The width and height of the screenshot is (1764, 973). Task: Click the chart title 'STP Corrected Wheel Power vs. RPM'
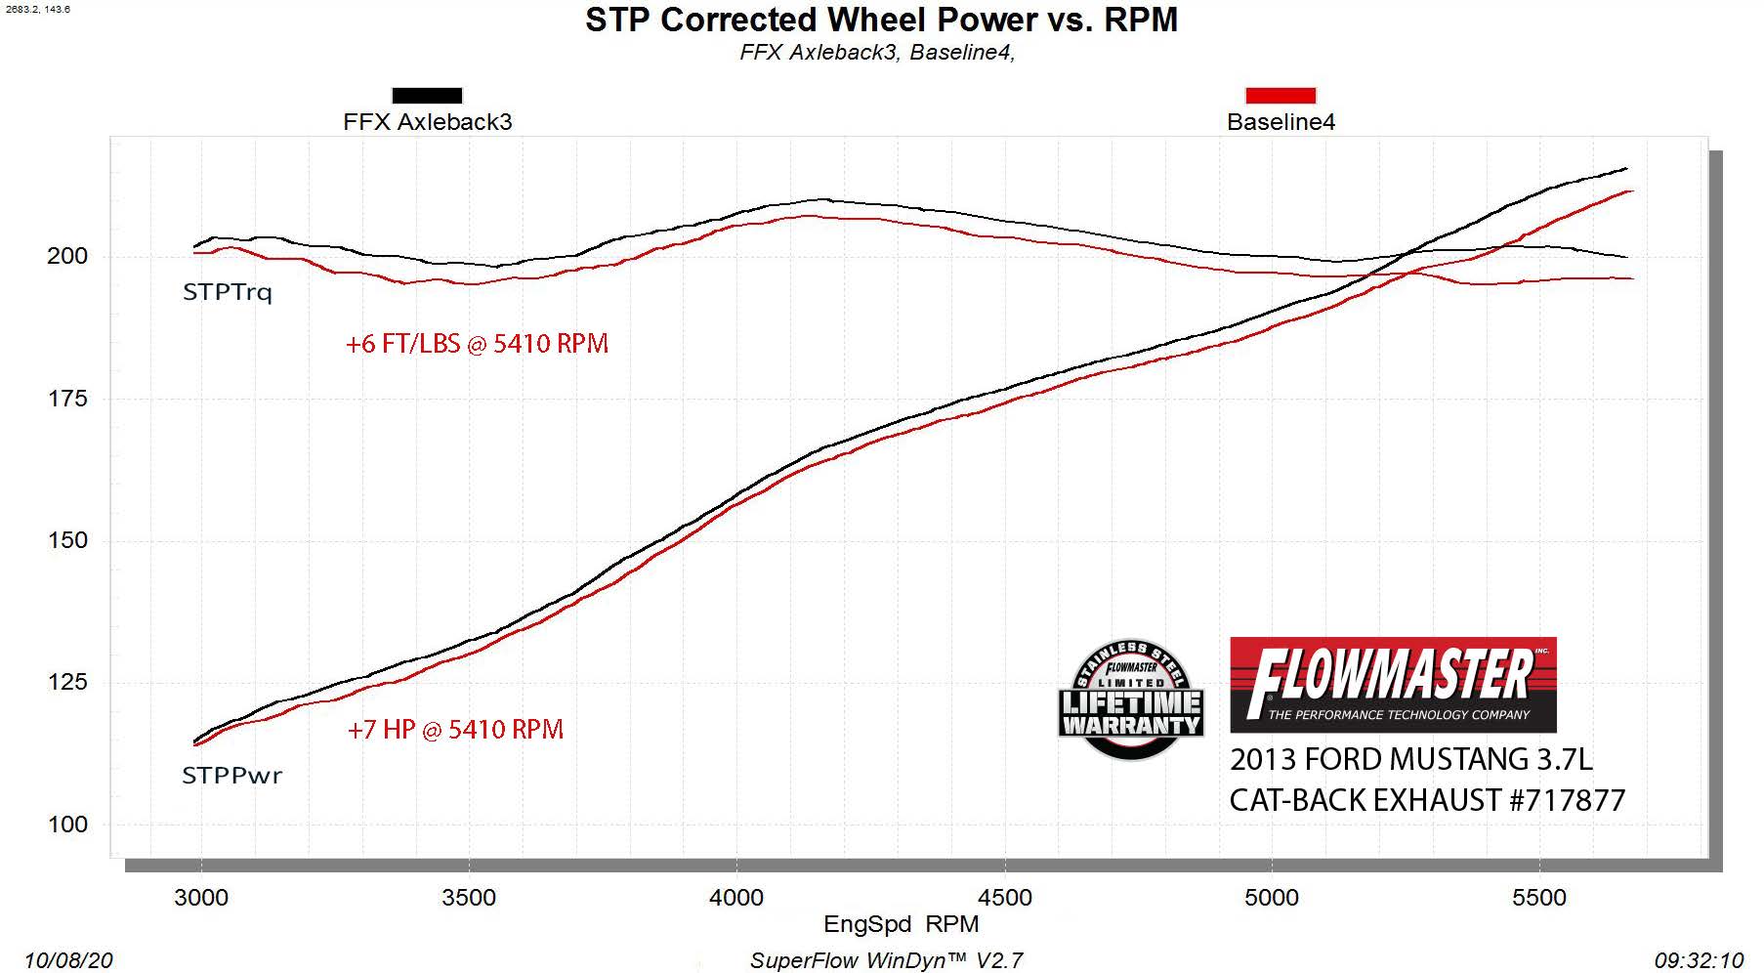coord(881,21)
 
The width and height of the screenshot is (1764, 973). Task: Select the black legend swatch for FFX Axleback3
coord(427,96)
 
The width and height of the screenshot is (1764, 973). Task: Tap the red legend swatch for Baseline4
coord(1281,96)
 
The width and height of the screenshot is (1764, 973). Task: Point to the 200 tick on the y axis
coord(67,256)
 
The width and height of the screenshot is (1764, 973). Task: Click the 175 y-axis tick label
coord(67,399)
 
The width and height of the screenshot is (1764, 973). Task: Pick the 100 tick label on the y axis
coord(67,825)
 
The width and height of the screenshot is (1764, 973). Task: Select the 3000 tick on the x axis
coord(201,898)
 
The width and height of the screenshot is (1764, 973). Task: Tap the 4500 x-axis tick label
coord(1004,898)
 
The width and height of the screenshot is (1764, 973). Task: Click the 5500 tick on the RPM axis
coord(1539,898)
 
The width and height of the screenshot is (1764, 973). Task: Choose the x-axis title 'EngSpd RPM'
coord(901,924)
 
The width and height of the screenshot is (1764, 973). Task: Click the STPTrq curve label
coord(228,292)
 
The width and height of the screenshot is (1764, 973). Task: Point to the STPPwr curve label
coord(232,776)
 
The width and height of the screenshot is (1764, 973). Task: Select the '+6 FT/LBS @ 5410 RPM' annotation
coord(477,344)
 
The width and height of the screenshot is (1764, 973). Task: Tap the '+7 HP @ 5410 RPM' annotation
coord(455,730)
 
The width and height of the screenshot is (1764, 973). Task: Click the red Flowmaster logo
coord(1393,685)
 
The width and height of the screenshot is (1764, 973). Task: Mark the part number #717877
coord(1567,801)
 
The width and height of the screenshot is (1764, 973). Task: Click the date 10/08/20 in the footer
coord(68,961)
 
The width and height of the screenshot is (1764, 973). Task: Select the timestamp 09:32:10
coord(1699,961)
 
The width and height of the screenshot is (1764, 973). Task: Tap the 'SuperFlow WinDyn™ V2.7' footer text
coord(886,961)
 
